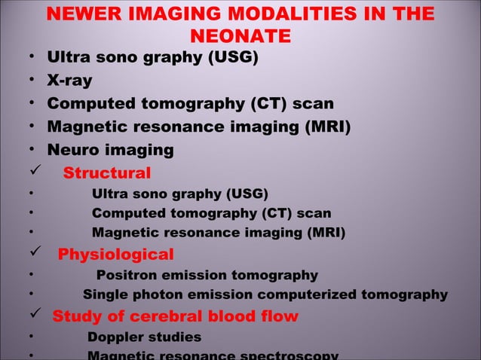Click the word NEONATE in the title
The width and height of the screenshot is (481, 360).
240,35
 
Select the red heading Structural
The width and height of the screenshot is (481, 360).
106,173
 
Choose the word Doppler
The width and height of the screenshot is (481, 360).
118,337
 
